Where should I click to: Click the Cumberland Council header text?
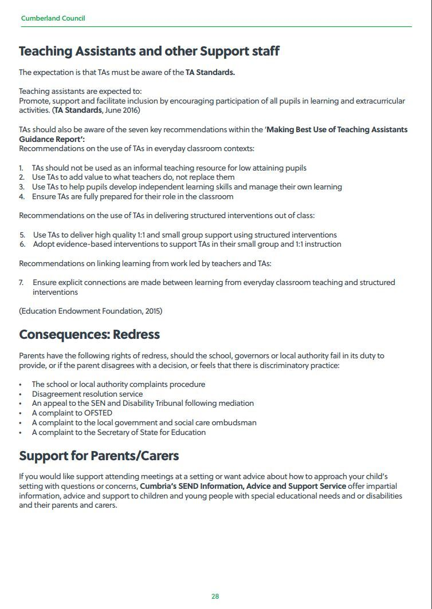tap(53, 18)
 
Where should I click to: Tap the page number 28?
tap(215, 596)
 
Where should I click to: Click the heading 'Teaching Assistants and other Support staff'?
tap(149, 52)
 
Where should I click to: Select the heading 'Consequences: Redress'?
tap(89, 334)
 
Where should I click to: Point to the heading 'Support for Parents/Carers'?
tap(99, 456)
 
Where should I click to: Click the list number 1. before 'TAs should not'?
tap(21, 168)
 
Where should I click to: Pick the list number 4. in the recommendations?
tap(21, 197)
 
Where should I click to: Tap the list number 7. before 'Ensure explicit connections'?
tap(21, 283)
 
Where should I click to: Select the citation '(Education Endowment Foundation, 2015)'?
tap(91, 311)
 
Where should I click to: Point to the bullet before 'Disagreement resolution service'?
tap(21, 394)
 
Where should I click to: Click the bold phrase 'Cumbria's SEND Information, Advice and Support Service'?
tap(243, 487)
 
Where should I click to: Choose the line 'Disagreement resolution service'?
tap(87, 394)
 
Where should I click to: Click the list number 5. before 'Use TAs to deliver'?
tap(22, 235)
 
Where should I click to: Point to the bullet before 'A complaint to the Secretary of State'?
tap(21, 433)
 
